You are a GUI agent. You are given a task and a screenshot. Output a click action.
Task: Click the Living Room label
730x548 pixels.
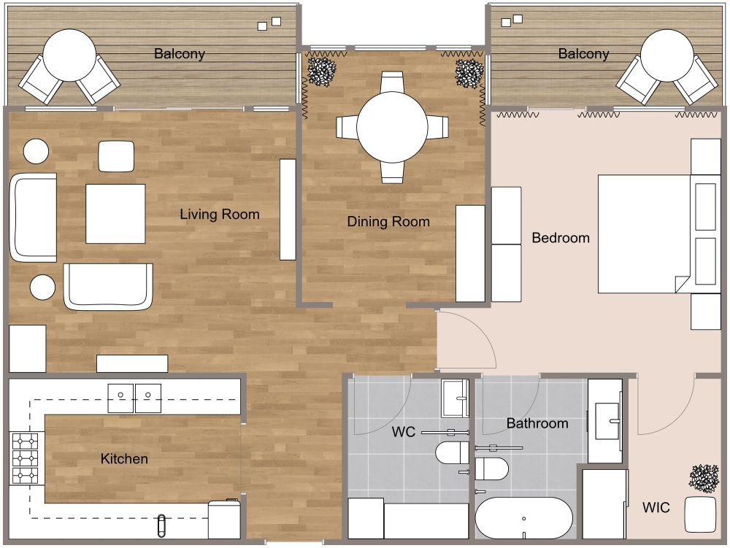click(x=220, y=215)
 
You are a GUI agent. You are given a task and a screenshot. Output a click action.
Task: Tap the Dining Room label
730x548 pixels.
click(x=388, y=222)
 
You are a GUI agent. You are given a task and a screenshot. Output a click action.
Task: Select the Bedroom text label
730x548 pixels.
click(x=560, y=238)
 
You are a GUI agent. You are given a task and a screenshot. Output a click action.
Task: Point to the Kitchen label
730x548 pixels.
click(x=124, y=459)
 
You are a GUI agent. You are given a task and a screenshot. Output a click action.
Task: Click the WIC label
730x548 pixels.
click(x=656, y=508)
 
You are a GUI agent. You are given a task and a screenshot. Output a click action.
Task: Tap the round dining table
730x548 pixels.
click(x=392, y=127)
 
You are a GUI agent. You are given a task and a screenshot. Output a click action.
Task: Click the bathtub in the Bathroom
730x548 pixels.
click(x=523, y=518)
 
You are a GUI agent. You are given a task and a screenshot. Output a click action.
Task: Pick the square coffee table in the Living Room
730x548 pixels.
click(x=115, y=214)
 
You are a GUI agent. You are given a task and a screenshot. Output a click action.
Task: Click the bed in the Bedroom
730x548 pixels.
click(x=642, y=234)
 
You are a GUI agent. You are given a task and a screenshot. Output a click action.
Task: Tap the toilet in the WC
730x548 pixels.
click(x=452, y=453)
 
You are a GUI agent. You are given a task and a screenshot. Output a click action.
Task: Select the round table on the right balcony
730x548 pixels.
click(x=667, y=55)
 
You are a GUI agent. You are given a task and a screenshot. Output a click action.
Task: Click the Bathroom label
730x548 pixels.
click(x=537, y=423)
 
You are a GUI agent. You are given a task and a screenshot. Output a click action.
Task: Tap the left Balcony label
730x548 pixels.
click(x=179, y=54)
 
